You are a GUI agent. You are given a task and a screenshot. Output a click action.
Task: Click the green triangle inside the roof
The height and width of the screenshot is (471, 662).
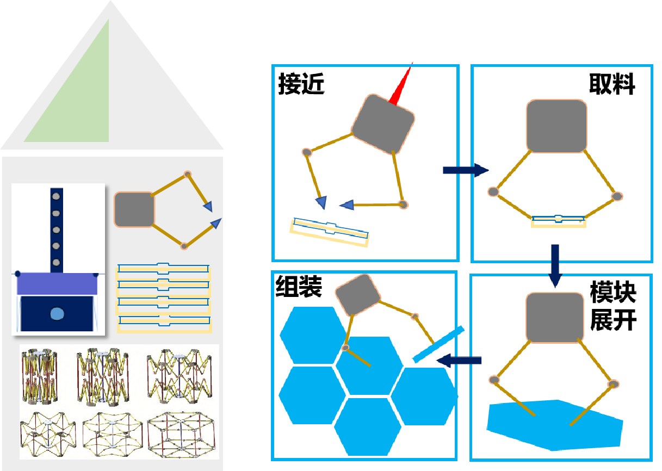82,103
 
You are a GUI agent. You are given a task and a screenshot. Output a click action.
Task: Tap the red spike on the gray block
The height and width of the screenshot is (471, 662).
401,87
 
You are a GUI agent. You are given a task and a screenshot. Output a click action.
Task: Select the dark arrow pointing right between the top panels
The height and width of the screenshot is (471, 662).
466,170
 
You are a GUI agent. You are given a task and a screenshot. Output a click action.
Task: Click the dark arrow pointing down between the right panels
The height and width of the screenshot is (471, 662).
555,265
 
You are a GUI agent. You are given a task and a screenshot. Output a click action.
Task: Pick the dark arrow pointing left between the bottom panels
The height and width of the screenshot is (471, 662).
459,360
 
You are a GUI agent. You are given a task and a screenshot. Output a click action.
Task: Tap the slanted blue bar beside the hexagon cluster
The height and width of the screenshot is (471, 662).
438,344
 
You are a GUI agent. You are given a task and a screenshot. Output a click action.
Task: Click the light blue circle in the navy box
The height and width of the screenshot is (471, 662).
57,313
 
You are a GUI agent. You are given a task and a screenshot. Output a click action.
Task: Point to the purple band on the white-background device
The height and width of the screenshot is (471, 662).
57,284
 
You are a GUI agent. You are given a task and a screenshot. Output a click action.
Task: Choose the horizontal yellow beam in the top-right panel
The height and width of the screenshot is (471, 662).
559,221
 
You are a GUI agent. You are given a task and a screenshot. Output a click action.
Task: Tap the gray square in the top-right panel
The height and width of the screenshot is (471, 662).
556,126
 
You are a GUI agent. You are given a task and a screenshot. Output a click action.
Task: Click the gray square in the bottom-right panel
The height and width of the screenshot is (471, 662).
555,318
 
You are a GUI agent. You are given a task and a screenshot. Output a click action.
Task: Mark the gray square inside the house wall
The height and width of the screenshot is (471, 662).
134,209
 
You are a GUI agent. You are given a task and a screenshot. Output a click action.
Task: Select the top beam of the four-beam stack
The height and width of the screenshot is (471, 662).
164,269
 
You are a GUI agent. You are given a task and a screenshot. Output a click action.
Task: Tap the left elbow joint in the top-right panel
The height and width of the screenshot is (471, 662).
493,191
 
